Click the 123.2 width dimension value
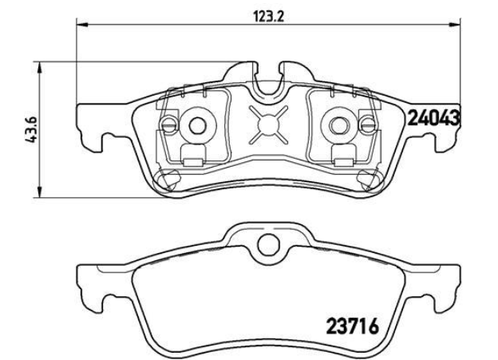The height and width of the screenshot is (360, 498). (x=268, y=16)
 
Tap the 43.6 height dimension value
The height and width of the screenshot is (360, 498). (x=33, y=129)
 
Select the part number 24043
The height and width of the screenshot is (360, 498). (x=433, y=118)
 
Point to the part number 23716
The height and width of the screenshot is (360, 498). (x=353, y=326)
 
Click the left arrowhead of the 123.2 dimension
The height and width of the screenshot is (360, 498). (x=81, y=24)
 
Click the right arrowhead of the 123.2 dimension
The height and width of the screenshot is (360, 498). (x=454, y=24)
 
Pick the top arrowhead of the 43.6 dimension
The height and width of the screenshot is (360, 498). (x=39, y=67)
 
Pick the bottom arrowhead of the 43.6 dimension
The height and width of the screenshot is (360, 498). (x=39, y=192)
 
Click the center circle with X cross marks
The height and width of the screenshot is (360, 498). (x=268, y=125)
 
